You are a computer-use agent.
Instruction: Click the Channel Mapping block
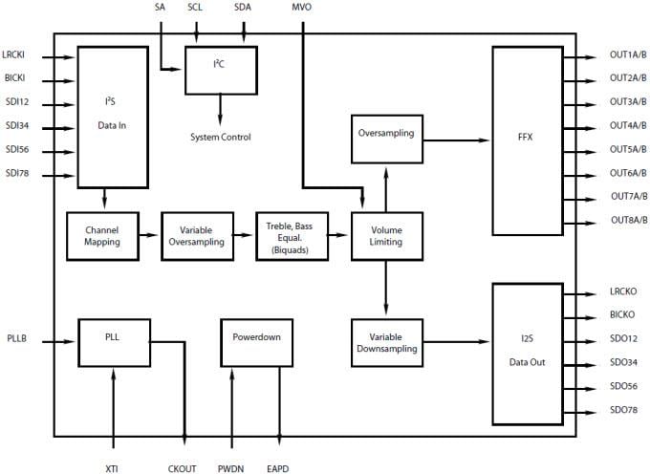101,236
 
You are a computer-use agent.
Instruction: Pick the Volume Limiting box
386,236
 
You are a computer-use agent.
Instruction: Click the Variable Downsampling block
386,341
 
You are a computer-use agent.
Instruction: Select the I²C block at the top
220,69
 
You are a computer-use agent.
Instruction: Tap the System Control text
220,138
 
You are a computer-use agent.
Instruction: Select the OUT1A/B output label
627,57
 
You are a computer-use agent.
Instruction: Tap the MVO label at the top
301,8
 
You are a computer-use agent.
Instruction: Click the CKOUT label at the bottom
182,468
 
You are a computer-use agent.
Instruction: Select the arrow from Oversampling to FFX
456,140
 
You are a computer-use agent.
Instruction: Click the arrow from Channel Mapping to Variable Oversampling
150,236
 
